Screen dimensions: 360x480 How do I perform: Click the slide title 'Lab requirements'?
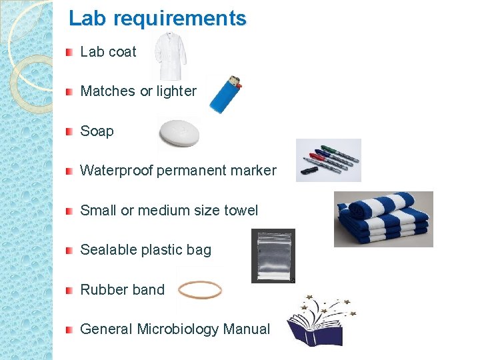pos(157,19)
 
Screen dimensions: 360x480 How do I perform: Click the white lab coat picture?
pos(169,56)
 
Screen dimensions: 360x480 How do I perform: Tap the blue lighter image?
pos(225,95)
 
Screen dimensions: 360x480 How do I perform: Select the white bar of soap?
pos(179,133)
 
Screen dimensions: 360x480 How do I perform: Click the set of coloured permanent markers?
pos(329,160)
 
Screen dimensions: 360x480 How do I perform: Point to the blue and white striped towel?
pos(383,219)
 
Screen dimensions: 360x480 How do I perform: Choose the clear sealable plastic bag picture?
pos(273,256)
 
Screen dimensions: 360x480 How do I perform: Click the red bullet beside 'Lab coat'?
pos(69,52)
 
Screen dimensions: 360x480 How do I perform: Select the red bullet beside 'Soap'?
pos(69,131)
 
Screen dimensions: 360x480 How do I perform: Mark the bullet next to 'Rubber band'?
pos(69,290)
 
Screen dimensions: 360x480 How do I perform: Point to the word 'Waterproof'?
pos(116,171)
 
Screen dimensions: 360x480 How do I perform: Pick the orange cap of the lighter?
pos(237,84)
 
